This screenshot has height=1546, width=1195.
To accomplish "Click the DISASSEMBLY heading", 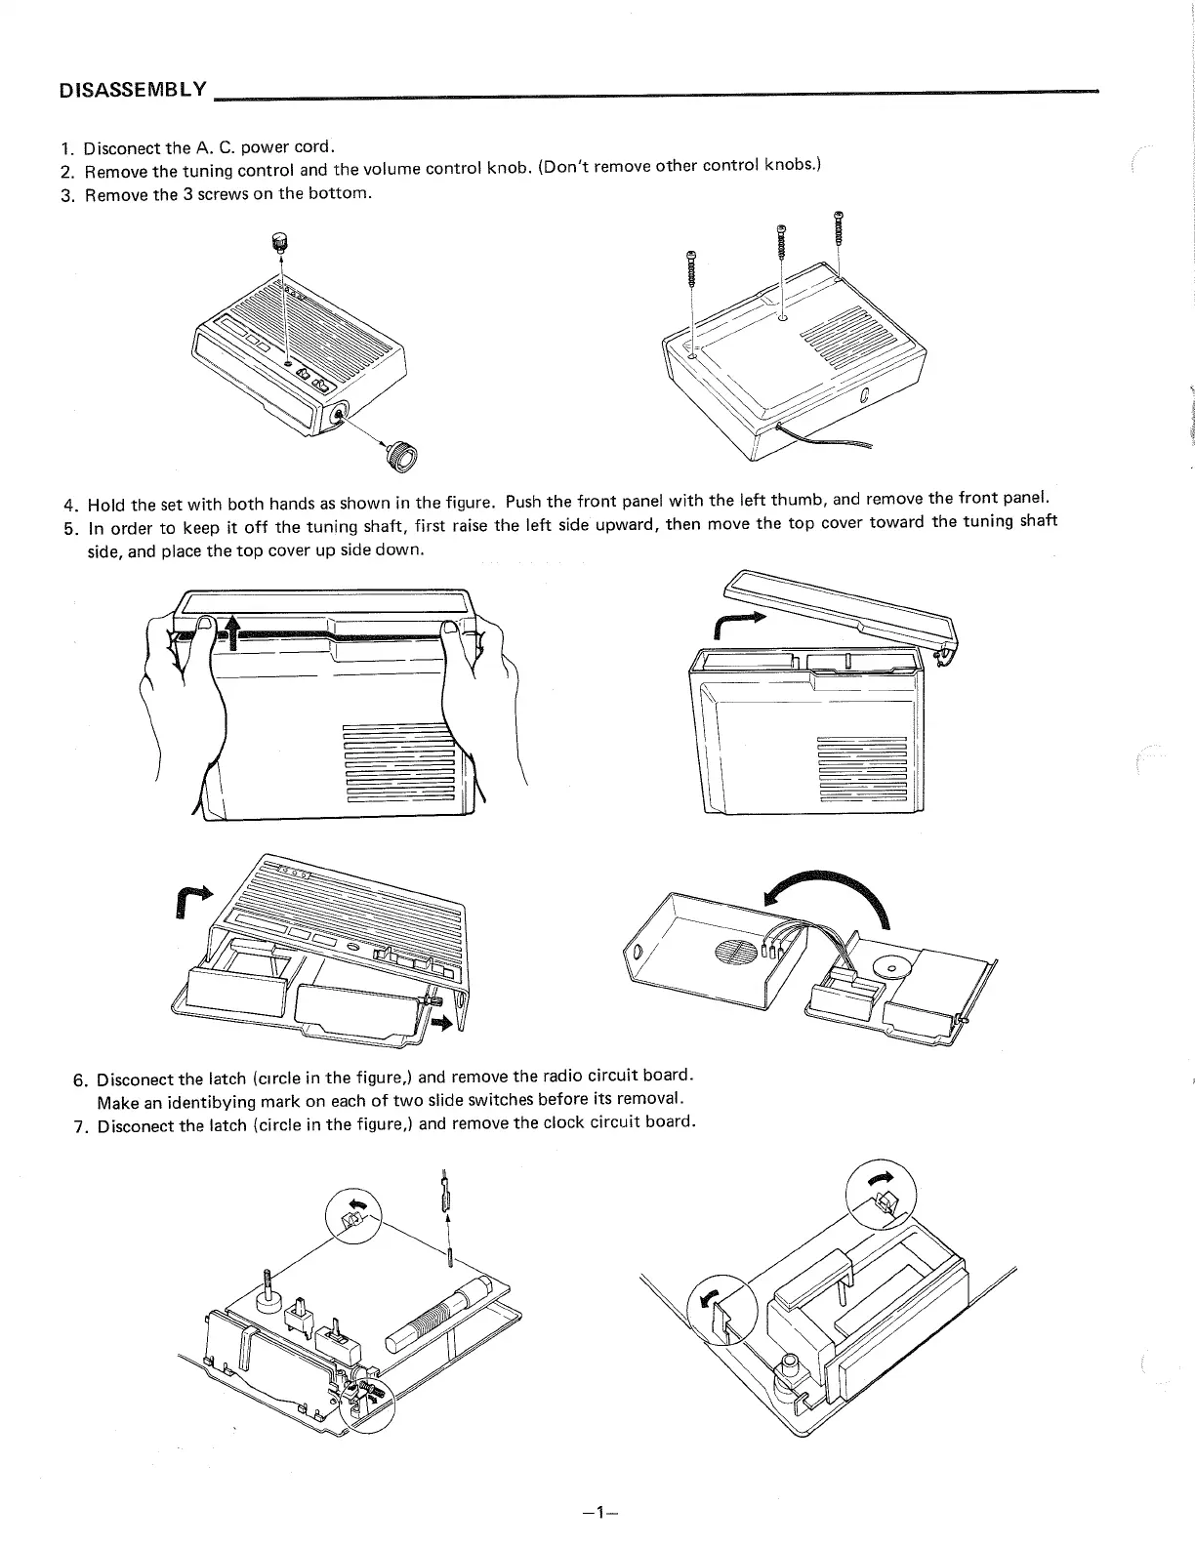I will point(133,91).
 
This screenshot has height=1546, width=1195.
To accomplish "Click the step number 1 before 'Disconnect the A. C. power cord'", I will point(65,149).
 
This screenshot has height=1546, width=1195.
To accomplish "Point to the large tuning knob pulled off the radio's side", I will point(401,456).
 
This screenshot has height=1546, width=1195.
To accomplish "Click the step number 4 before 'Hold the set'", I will point(68,506).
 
